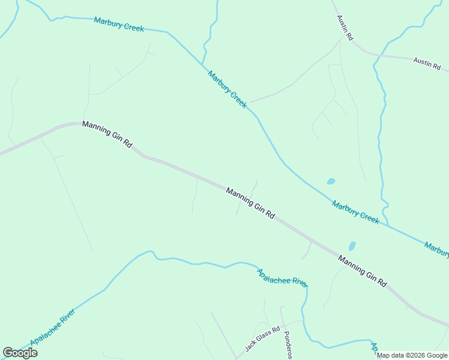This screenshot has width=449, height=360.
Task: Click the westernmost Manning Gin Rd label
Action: coord(107,134)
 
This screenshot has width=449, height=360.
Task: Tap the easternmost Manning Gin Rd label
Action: coord(363,271)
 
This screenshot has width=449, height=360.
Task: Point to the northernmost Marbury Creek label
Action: coord(119,23)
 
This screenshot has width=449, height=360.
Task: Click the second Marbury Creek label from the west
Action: coord(228,89)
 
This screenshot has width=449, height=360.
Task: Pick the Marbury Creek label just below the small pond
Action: coord(356,212)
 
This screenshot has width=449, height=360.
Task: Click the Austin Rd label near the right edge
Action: coord(427,64)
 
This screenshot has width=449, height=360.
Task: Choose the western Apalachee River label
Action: coord(53,327)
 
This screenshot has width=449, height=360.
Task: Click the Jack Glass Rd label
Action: coord(262,340)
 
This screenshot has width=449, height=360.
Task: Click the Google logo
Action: coord(20,353)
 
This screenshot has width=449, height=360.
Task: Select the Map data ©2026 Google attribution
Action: coord(412,355)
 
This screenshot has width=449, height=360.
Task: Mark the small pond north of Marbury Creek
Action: coord(330,181)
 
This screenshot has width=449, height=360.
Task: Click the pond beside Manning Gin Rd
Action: coord(352,246)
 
